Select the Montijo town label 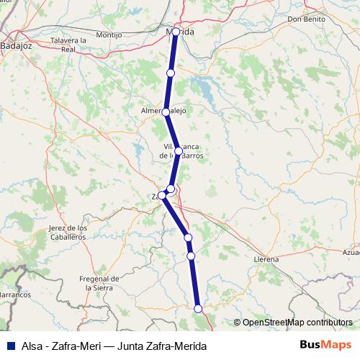(108, 35)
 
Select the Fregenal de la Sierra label (99, 282)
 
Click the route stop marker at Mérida (175, 32)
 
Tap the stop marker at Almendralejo (166, 112)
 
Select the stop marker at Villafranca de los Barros (178, 151)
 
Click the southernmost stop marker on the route (199, 309)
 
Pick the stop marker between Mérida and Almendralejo (171, 73)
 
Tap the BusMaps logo (325, 344)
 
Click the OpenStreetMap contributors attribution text (297, 323)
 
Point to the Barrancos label (14, 294)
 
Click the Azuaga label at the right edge (351, 253)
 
